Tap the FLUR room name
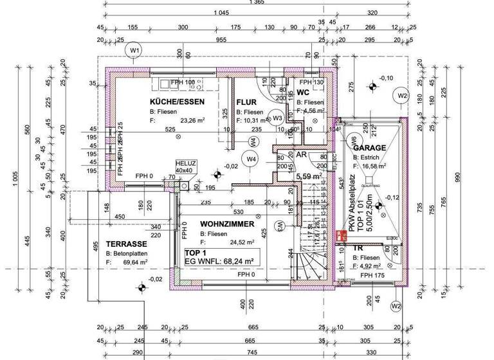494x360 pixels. coord(246,102)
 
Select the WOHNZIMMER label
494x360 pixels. coord(223,224)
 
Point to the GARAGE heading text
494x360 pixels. coord(369,148)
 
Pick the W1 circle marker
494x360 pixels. coord(134,50)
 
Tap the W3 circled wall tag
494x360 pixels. coord(277,118)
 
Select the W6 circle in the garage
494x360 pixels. coord(352,139)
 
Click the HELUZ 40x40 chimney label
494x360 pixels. coord(185,166)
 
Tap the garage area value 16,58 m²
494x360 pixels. coord(374,166)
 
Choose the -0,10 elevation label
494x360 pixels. coord(386,78)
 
